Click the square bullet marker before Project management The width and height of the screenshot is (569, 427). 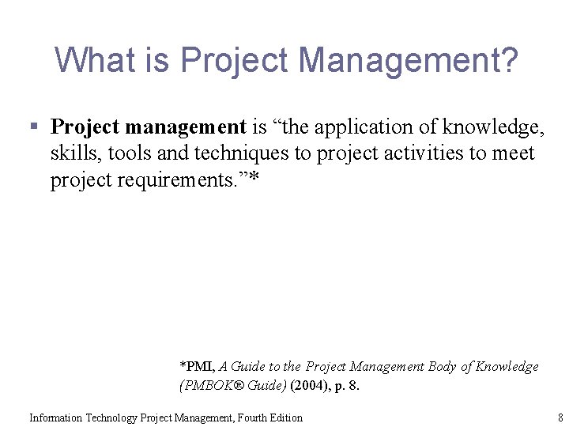tap(33, 127)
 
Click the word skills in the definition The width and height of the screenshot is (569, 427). tap(71, 153)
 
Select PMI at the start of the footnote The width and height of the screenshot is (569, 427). tap(198, 367)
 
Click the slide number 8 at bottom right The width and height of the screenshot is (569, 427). tap(560, 418)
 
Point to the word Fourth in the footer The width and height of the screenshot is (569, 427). tap(243, 418)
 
